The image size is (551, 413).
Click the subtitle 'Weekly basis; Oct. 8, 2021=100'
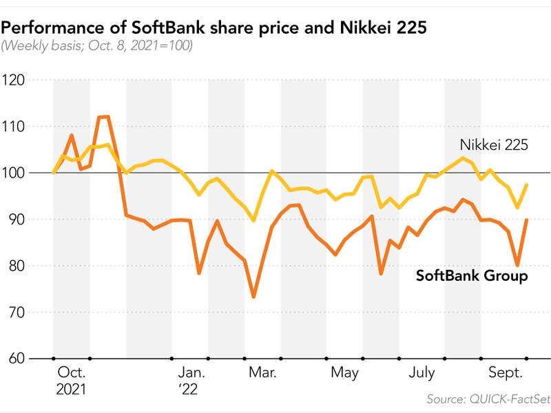97,46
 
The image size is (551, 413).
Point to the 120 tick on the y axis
14,80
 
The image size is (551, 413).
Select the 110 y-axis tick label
14,127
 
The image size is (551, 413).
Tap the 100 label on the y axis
14,173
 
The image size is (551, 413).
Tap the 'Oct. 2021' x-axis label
72,381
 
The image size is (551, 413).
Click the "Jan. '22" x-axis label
189,381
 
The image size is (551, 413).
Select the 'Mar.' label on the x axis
262,373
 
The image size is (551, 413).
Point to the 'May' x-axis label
345,373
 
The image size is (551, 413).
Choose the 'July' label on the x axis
422,373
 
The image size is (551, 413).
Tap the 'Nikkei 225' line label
493,145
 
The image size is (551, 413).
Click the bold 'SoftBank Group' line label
472,276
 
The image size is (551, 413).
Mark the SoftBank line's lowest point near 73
253,297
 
